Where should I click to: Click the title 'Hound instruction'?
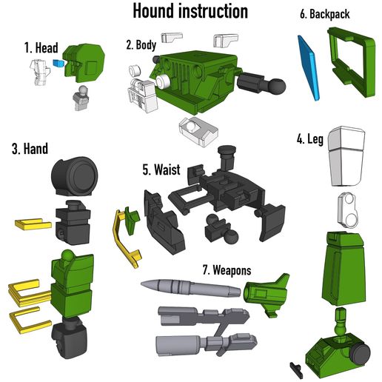(190, 11)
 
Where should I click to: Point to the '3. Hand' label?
(29, 149)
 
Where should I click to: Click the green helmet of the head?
(84, 60)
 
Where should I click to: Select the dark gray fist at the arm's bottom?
(67, 345)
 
